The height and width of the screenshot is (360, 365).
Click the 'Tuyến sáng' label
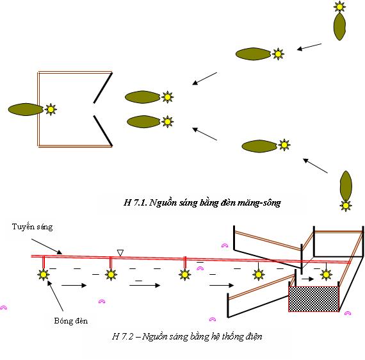pos(33,227)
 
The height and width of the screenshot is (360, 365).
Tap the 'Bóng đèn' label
pos(71,321)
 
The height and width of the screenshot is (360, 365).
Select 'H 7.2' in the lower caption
pos(123,336)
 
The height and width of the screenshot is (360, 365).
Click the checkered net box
pos(314,299)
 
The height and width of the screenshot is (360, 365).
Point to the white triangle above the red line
pos(120,252)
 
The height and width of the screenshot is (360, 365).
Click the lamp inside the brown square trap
pos(51,109)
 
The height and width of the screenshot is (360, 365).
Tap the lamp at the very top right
pos(339,7)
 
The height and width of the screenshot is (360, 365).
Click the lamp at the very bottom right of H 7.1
pos(346,206)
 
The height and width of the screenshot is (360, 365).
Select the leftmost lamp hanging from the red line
pos(44,275)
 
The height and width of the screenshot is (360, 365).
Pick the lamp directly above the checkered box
pos(326,275)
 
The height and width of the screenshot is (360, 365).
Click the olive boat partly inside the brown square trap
pos(26,109)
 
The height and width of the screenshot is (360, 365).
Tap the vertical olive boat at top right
pos(339,26)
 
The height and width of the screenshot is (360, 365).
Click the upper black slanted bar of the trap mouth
pos(102,88)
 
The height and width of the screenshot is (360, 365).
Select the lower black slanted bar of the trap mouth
pos(103,131)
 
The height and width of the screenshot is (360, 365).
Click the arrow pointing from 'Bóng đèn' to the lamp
pos(55,296)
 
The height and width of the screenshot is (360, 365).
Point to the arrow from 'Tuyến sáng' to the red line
pos(47,247)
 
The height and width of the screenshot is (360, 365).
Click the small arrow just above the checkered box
pos(307,279)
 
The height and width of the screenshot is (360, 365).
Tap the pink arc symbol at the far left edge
pos(3,307)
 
